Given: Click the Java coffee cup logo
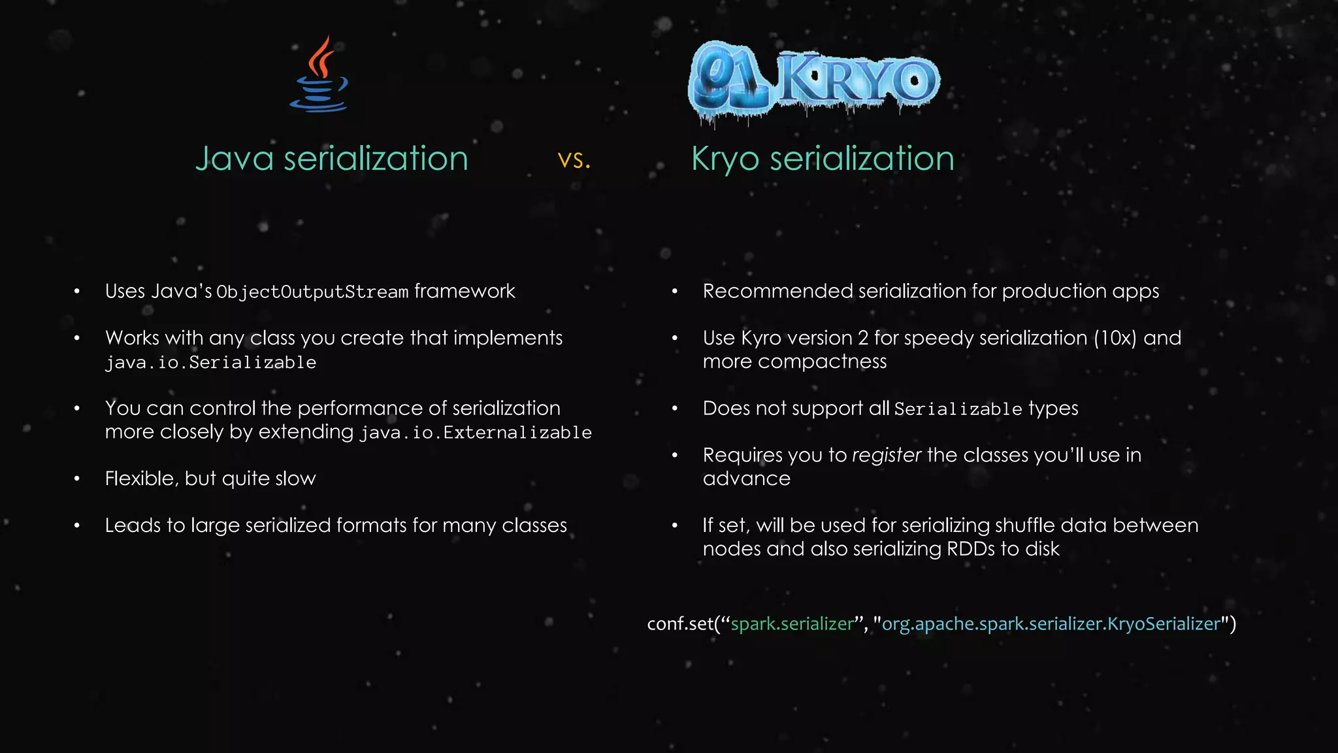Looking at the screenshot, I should pyautogui.click(x=319, y=75).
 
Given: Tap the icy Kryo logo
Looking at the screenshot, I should pyautogui.click(x=814, y=81).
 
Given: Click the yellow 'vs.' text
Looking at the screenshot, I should pyautogui.click(x=574, y=159).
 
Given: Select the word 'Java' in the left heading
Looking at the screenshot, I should pyautogui.click(x=234, y=159).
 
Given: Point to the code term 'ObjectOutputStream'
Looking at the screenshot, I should pyautogui.click(x=312, y=292).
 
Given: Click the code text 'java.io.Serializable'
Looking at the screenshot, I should pyautogui.click(x=210, y=363).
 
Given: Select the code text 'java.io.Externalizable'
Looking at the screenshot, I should pyautogui.click(x=476, y=433).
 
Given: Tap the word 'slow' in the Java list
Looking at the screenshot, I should pyautogui.click(x=295, y=478).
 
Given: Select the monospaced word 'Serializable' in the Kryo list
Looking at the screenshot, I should pyautogui.click(x=958, y=409).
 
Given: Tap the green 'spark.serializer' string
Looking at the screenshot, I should pyautogui.click(x=792, y=624).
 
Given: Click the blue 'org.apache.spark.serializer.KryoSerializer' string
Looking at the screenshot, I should pyautogui.click(x=1051, y=624).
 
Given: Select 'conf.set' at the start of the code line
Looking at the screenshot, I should pyautogui.click(x=680, y=624).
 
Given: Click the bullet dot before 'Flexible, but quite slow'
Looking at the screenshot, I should pyautogui.click(x=77, y=479).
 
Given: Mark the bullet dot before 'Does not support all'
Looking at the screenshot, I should pyautogui.click(x=675, y=409).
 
